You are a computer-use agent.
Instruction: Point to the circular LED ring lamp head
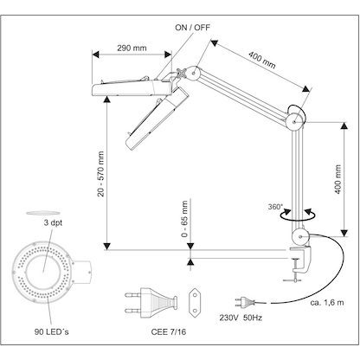(x=41, y=273)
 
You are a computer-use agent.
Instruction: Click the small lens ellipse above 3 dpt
(x=41, y=211)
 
